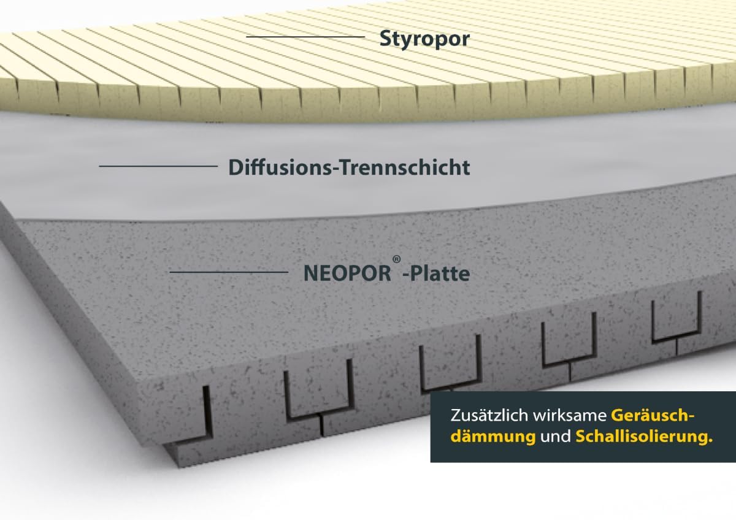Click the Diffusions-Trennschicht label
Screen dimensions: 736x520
[349, 167]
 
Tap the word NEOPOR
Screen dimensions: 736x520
[347, 273]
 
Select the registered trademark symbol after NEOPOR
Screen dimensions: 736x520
[397, 259]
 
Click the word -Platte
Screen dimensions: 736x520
[437, 273]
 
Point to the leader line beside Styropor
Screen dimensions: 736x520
[305, 37]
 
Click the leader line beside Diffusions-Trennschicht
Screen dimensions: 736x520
[158, 166]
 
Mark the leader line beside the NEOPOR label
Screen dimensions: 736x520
[229, 272]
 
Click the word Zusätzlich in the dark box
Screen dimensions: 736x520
[479, 416]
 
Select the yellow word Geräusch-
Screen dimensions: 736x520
[653, 416]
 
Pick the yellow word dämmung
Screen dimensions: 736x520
[493, 437]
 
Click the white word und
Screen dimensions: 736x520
[556, 437]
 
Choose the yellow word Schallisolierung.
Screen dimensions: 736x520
[644, 437]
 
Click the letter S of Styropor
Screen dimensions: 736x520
[386, 39]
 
